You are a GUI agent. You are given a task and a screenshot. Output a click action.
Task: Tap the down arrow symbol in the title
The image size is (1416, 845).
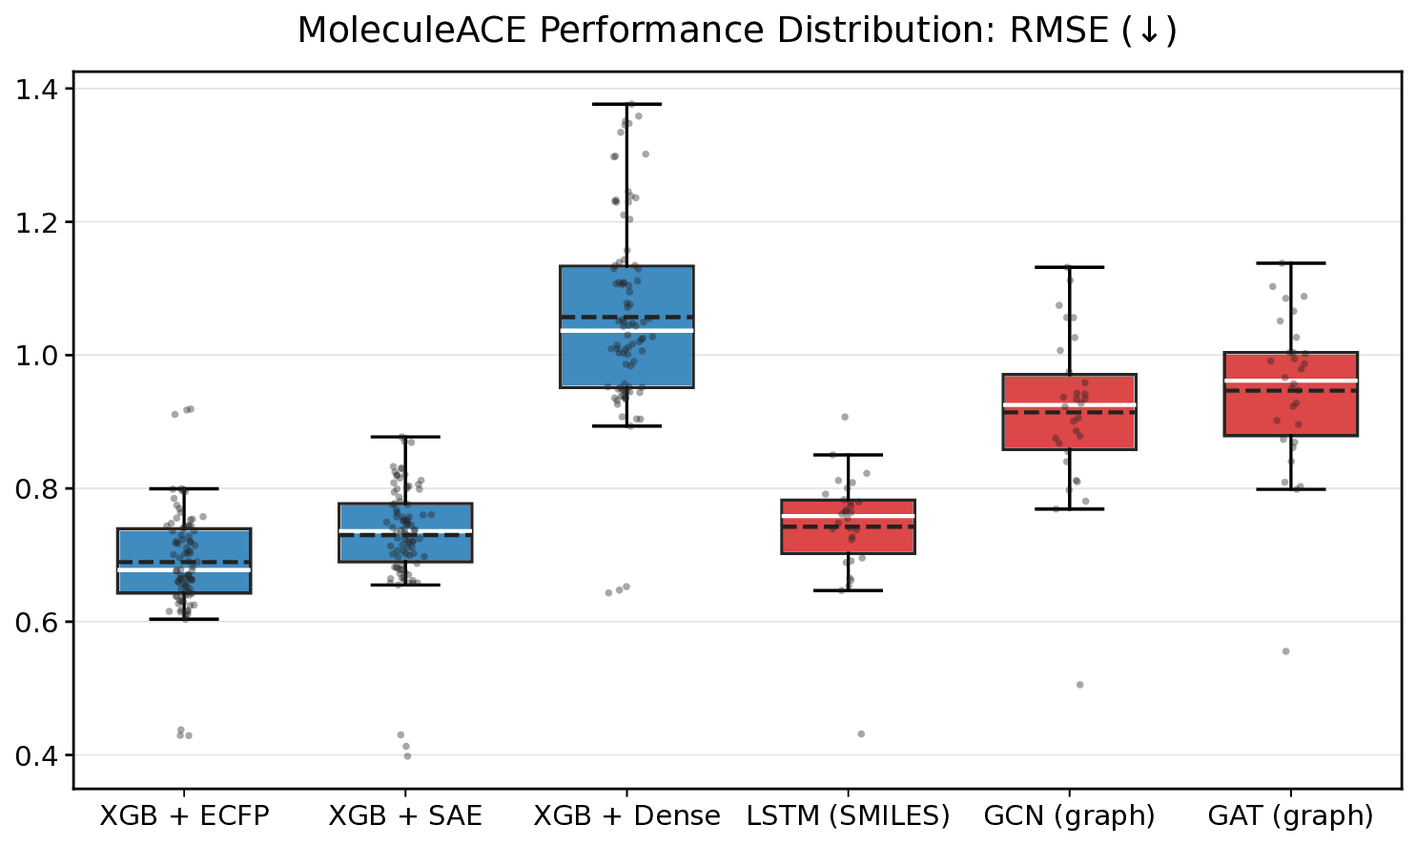[x=1148, y=31]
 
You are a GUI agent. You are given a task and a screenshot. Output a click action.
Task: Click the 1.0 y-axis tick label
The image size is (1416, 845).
[x=37, y=356]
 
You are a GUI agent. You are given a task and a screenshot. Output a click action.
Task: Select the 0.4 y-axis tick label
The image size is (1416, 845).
[x=37, y=755]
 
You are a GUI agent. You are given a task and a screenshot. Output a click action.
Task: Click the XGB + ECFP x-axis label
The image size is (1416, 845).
[x=185, y=816]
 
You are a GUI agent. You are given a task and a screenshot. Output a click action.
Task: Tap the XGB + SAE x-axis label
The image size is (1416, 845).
[x=405, y=816]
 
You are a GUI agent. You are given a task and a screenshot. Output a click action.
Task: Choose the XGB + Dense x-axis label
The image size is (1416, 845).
[x=626, y=816]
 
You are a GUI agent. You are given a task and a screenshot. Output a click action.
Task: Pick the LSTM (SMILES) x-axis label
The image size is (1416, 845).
[x=848, y=816]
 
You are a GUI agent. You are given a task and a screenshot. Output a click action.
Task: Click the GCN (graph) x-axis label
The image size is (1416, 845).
[x=1069, y=816]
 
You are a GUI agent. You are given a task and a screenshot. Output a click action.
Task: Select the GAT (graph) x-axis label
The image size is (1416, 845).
[x=1290, y=816]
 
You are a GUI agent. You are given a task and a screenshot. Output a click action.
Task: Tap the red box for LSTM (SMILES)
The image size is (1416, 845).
[x=848, y=539]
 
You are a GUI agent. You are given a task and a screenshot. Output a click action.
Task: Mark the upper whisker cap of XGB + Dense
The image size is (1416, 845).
[x=626, y=104]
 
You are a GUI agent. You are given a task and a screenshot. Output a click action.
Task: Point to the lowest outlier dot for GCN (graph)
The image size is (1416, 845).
[x=1079, y=685]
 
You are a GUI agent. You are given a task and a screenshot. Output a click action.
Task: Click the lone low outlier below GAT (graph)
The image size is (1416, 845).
[x=1285, y=651]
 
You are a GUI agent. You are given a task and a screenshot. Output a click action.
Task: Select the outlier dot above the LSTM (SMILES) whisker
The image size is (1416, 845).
[x=845, y=417]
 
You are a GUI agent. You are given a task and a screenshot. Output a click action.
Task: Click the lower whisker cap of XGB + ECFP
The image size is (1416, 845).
[x=185, y=619]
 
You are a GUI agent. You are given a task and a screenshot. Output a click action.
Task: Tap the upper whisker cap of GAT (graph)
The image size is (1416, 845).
[x=1290, y=263]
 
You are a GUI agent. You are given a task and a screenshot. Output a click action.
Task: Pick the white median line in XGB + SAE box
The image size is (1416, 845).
[x=405, y=530]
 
